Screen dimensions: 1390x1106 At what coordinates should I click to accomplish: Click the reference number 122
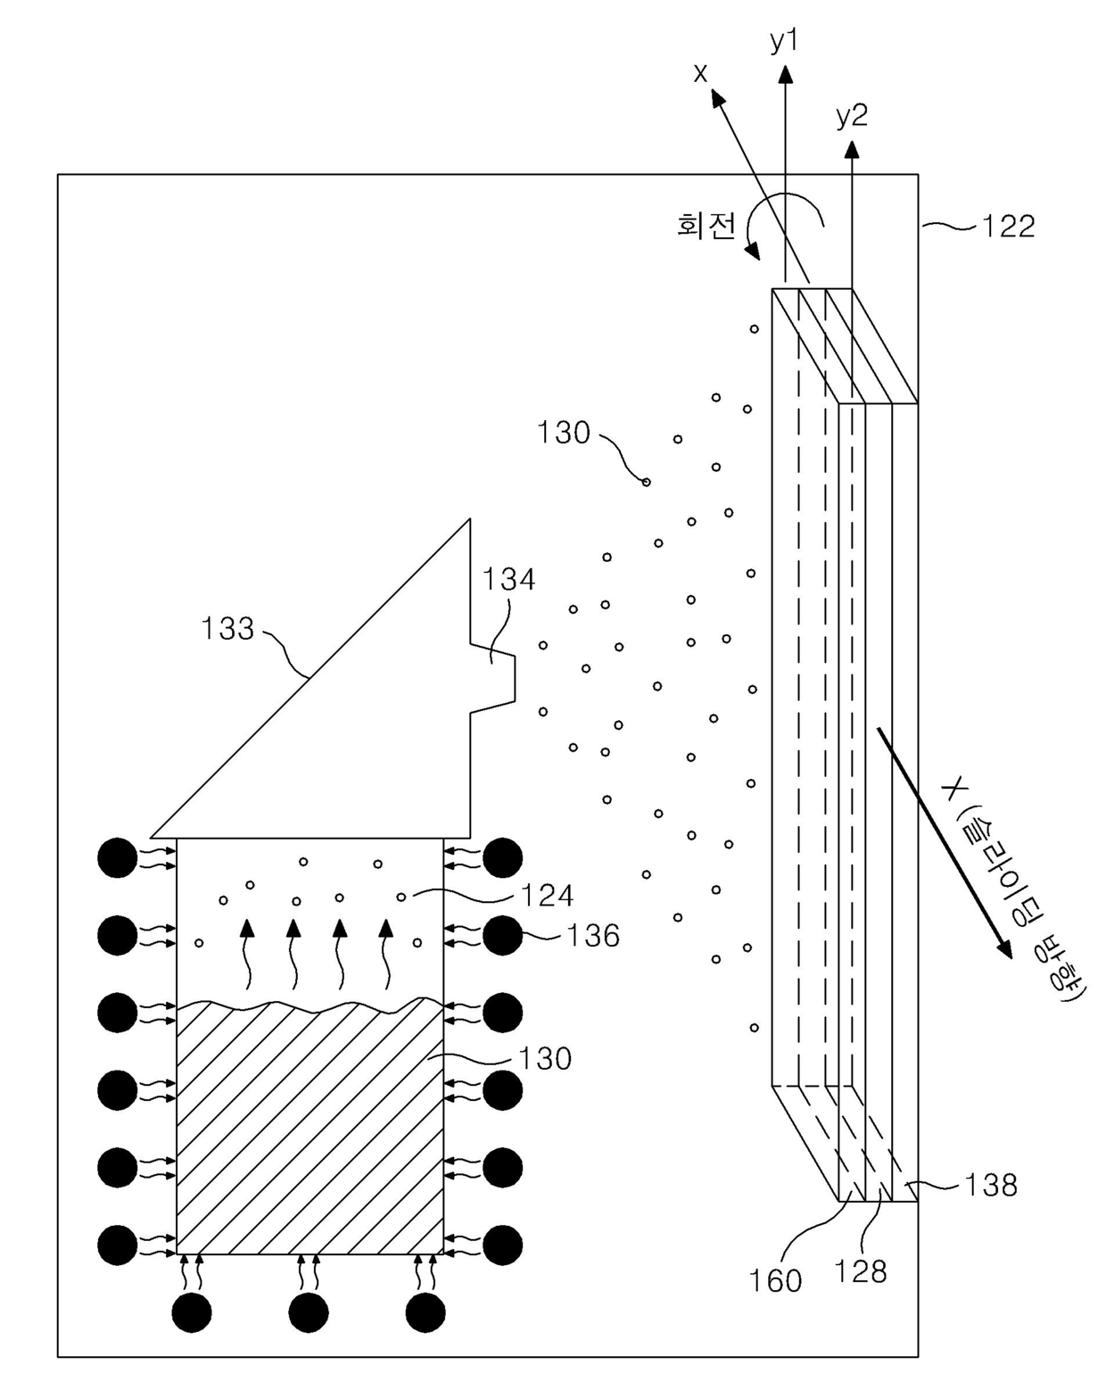tap(1009, 227)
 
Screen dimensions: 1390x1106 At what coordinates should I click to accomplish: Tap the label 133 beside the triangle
tap(227, 629)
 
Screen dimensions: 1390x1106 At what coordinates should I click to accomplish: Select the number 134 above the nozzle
tap(508, 580)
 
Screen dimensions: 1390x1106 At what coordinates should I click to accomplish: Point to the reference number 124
tap(547, 895)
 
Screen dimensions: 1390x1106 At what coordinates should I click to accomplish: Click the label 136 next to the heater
tap(593, 936)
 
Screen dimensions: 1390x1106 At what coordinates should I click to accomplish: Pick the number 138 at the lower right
tap(991, 1185)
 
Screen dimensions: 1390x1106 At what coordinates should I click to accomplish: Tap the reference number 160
tap(775, 1281)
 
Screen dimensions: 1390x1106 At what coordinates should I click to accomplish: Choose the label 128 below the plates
tap(860, 1271)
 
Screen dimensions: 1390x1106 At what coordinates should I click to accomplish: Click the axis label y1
tap(784, 41)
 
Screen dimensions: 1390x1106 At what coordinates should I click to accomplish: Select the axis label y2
tap(851, 116)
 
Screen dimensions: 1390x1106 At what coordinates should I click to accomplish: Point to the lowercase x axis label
tap(700, 73)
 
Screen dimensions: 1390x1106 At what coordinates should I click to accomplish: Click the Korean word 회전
tap(706, 225)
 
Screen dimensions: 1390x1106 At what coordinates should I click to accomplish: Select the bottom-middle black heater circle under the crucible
tap(309, 1312)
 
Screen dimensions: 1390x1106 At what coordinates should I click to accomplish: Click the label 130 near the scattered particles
tap(564, 433)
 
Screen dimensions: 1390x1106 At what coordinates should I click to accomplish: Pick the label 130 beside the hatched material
tap(545, 1059)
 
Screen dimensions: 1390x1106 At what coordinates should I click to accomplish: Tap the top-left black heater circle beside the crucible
tap(118, 858)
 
